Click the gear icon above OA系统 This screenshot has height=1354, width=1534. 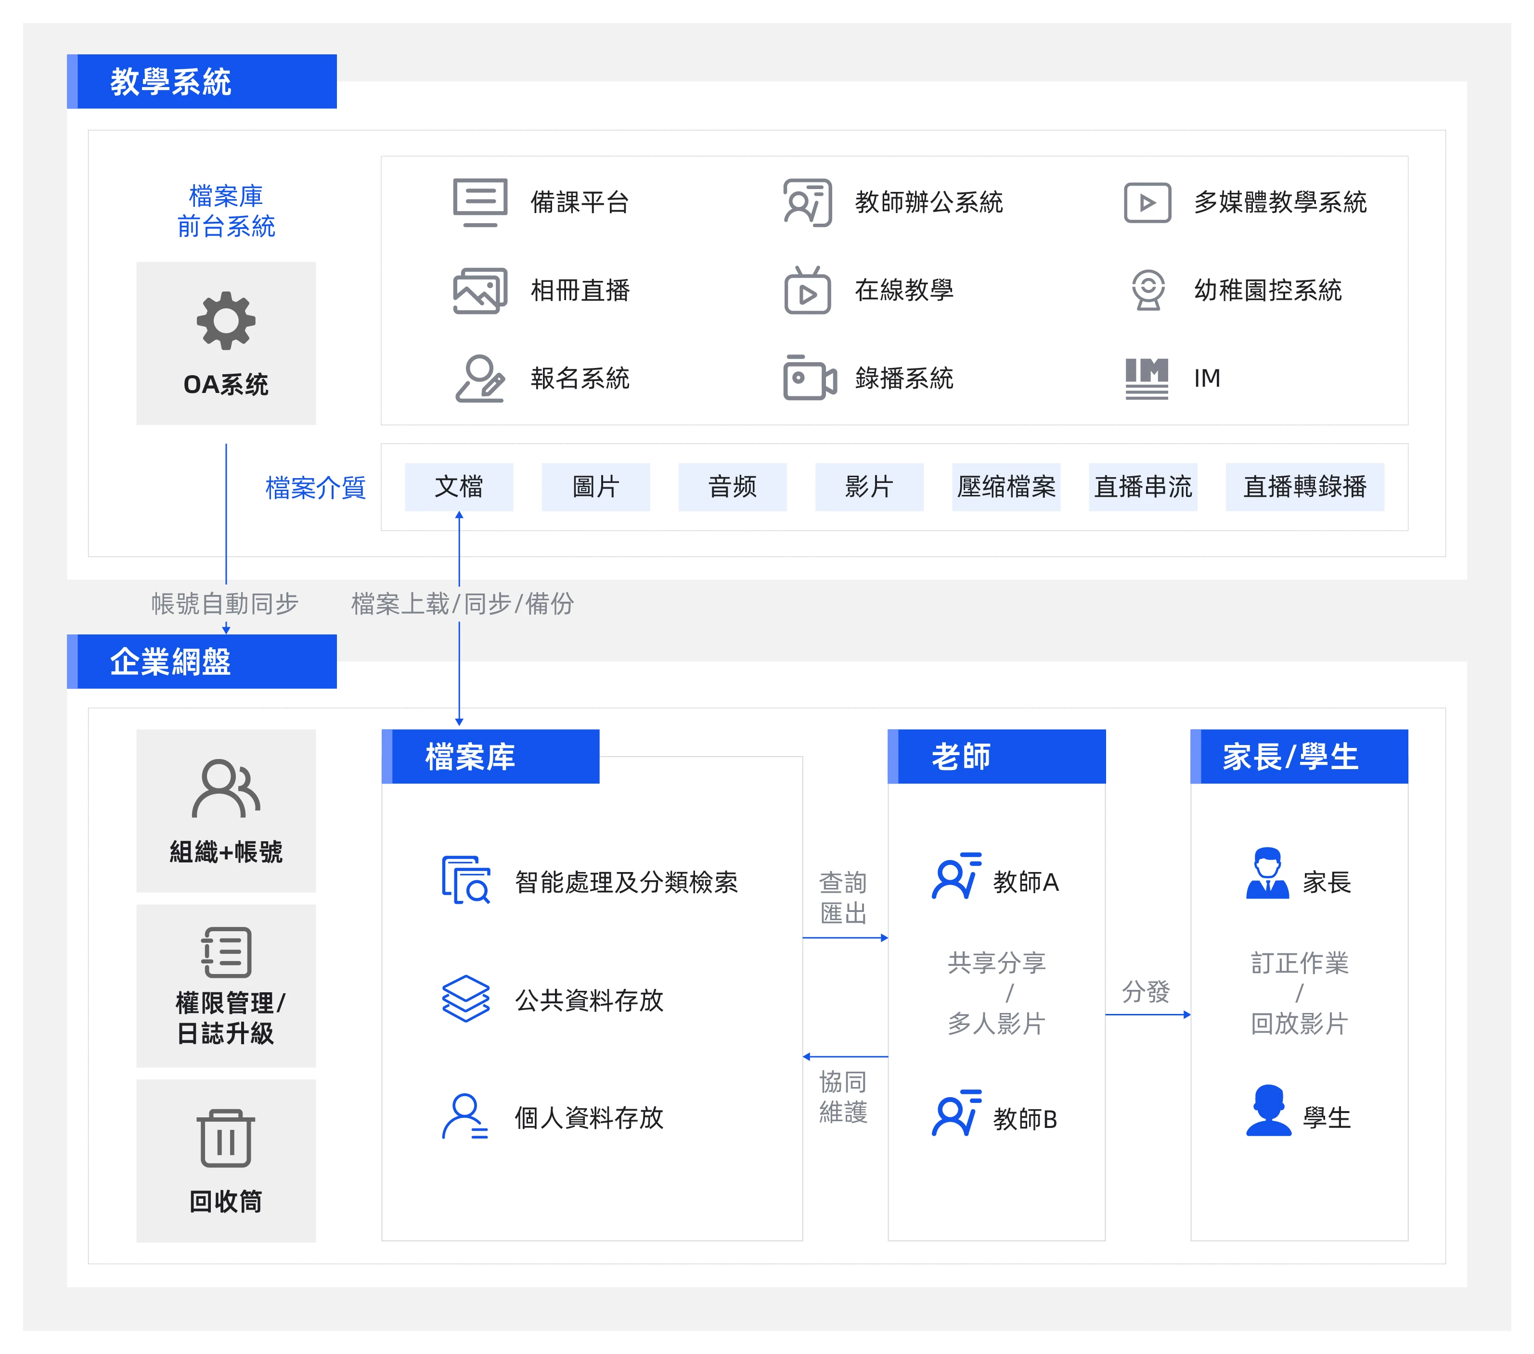pyautogui.click(x=226, y=320)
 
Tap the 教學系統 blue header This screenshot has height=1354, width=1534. pyautogui.click(x=202, y=81)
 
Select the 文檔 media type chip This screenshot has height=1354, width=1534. pyautogui.click(x=459, y=487)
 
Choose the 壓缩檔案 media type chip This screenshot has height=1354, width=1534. pyautogui.click(x=1005, y=487)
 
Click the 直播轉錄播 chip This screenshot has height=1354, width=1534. pyautogui.click(x=1304, y=487)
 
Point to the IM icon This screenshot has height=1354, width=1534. pyautogui.click(x=1146, y=378)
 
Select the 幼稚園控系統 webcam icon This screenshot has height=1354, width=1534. pyautogui.click(x=1147, y=290)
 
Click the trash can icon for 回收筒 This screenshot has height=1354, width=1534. pyautogui.click(x=226, y=1138)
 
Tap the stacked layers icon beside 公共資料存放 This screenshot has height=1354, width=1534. pyautogui.click(x=465, y=999)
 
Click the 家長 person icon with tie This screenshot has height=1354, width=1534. pyautogui.click(x=1267, y=874)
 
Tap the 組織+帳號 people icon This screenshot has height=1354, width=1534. pyautogui.click(x=226, y=788)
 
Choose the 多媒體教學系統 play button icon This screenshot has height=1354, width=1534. pyautogui.click(x=1147, y=202)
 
